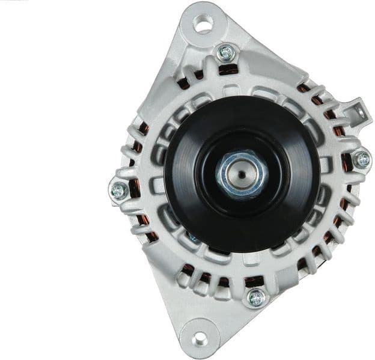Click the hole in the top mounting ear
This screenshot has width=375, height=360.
pos(204,25)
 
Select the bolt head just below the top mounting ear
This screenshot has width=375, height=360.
pos(226,53)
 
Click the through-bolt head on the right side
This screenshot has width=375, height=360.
pos(362,159)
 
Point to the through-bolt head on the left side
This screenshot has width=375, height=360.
pos(118,191)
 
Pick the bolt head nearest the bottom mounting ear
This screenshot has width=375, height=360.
pos(256,296)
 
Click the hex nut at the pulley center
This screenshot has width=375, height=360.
pos(241,172)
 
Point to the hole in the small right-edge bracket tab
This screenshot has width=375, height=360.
pos(358,112)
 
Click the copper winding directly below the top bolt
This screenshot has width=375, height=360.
pos(227,70)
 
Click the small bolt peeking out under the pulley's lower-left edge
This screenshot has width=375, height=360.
pos(193,239)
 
